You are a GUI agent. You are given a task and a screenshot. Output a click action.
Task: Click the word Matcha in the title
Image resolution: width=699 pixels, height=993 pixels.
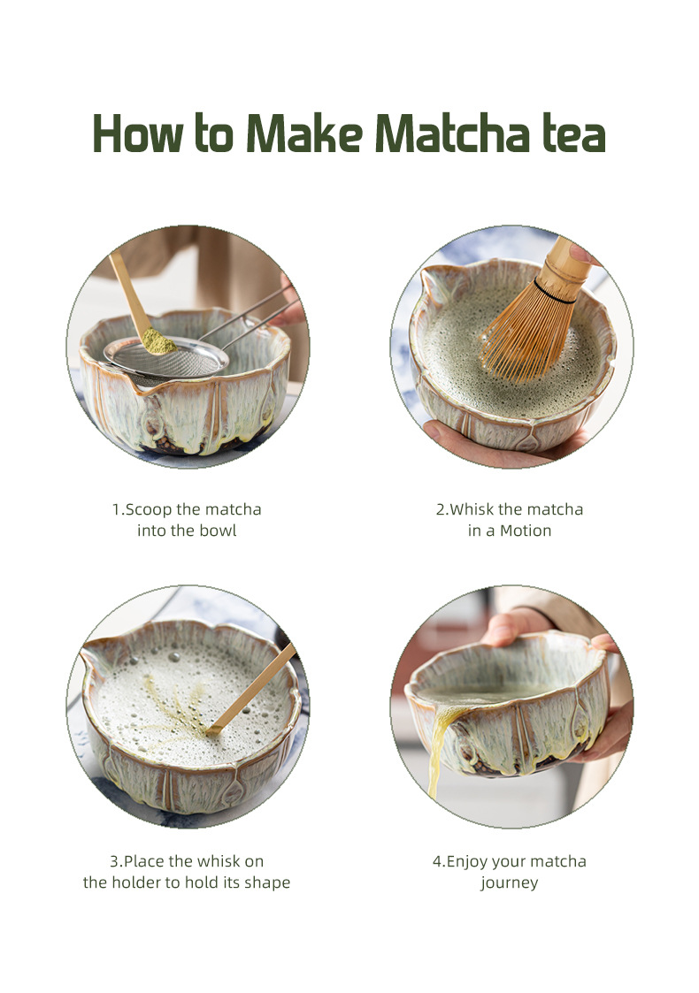452,134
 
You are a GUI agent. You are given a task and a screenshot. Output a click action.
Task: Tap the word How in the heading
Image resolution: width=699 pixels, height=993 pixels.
138,134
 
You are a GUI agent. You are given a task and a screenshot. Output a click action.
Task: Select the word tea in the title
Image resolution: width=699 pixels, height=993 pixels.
574,134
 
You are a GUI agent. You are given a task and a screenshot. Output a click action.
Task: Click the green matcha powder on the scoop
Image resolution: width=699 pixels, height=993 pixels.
157,342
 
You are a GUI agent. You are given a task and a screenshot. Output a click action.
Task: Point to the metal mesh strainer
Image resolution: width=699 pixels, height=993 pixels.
166,358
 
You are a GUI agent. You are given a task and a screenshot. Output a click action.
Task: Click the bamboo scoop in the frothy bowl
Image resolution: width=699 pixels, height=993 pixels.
251,689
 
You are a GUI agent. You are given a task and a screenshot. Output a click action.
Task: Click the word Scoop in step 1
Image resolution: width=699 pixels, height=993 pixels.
149,510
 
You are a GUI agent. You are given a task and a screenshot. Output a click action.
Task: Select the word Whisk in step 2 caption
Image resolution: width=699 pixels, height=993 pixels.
472,509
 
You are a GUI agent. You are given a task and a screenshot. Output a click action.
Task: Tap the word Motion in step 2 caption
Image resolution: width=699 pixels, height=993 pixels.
526,531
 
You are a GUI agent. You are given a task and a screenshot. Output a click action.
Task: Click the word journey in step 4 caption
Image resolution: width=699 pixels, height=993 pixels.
510,882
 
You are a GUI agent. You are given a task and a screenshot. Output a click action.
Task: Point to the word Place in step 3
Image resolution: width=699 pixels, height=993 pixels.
144,861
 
